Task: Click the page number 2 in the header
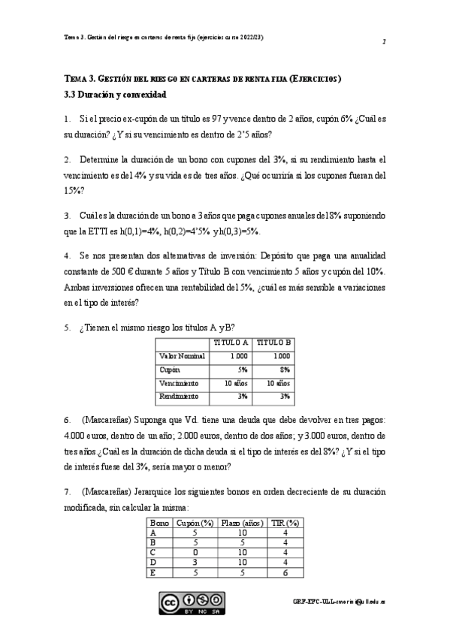coord(384,42)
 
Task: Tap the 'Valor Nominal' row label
coord(183,356)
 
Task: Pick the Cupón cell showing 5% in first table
coord(242,370)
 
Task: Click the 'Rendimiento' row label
coord(180,396)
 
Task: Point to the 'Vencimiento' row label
coord(181,382)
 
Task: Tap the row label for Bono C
coord(154,552)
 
